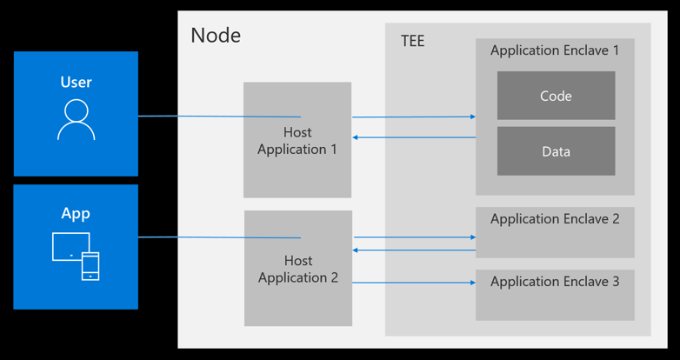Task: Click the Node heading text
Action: click(216, 35)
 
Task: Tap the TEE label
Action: click(413, 41)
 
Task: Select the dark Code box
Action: click(556, 96)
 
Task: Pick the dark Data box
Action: click(556, 151)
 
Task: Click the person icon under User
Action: click(76, 120)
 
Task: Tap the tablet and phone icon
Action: click(76, 256)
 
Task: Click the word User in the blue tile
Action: click(76, 82)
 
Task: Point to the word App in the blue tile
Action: click(76, 214)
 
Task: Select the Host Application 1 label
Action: click(297, 141)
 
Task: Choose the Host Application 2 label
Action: click(298, 269)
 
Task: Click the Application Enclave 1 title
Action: click(555, 50)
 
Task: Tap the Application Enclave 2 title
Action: click(555, 218)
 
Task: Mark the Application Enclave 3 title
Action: click(555, 282)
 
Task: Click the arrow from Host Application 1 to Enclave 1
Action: click(414, 117)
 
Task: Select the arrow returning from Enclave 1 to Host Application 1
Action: click(414, 137)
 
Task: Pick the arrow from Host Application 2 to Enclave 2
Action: click(415, 237)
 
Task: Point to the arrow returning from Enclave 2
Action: click(414, 250)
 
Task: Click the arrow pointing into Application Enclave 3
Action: click(414, 283)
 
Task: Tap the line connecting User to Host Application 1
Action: click(219, 117)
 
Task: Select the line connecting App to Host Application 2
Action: click(219, 237)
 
